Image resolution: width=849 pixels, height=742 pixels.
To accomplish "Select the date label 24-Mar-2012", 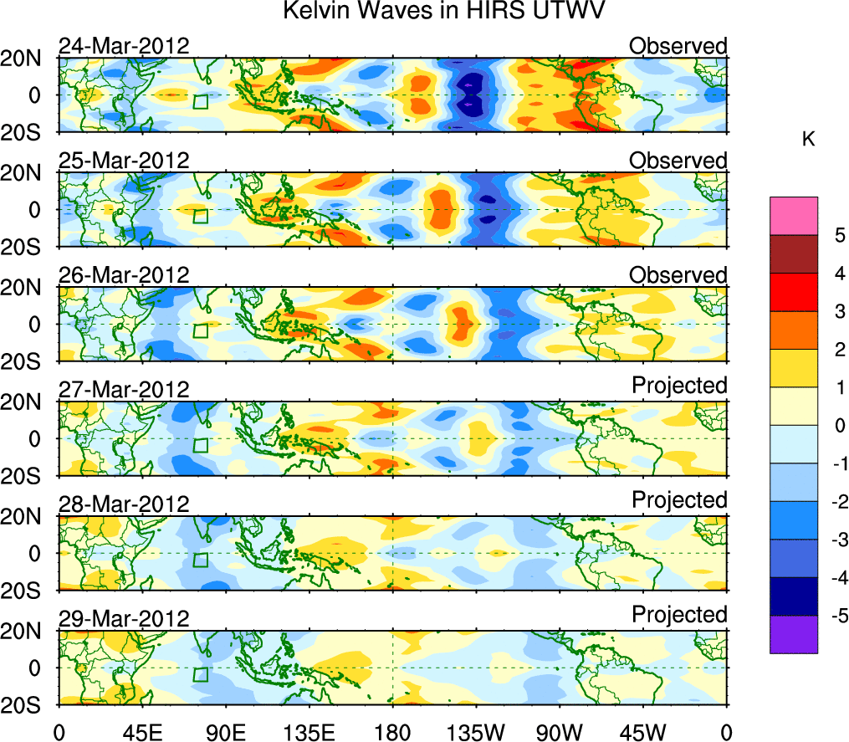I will (x=124, y=46).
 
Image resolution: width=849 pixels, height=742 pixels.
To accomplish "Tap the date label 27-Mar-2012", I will (x=124, y=389).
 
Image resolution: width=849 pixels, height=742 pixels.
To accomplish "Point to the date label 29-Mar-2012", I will (x=124, y=618).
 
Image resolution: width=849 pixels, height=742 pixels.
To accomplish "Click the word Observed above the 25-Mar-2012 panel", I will (x=678, y=160).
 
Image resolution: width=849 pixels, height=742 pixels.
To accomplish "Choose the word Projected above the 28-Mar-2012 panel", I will (x=679, y=499).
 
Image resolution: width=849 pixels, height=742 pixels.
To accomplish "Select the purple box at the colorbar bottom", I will (x=793, y=634).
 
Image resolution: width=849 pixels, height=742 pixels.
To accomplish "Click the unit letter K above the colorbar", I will (x=808, y=140).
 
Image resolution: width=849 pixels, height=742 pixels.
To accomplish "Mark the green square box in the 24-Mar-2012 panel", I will (x=201, y=101).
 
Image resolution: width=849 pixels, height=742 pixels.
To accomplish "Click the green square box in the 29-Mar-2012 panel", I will (x=201, y=674).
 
